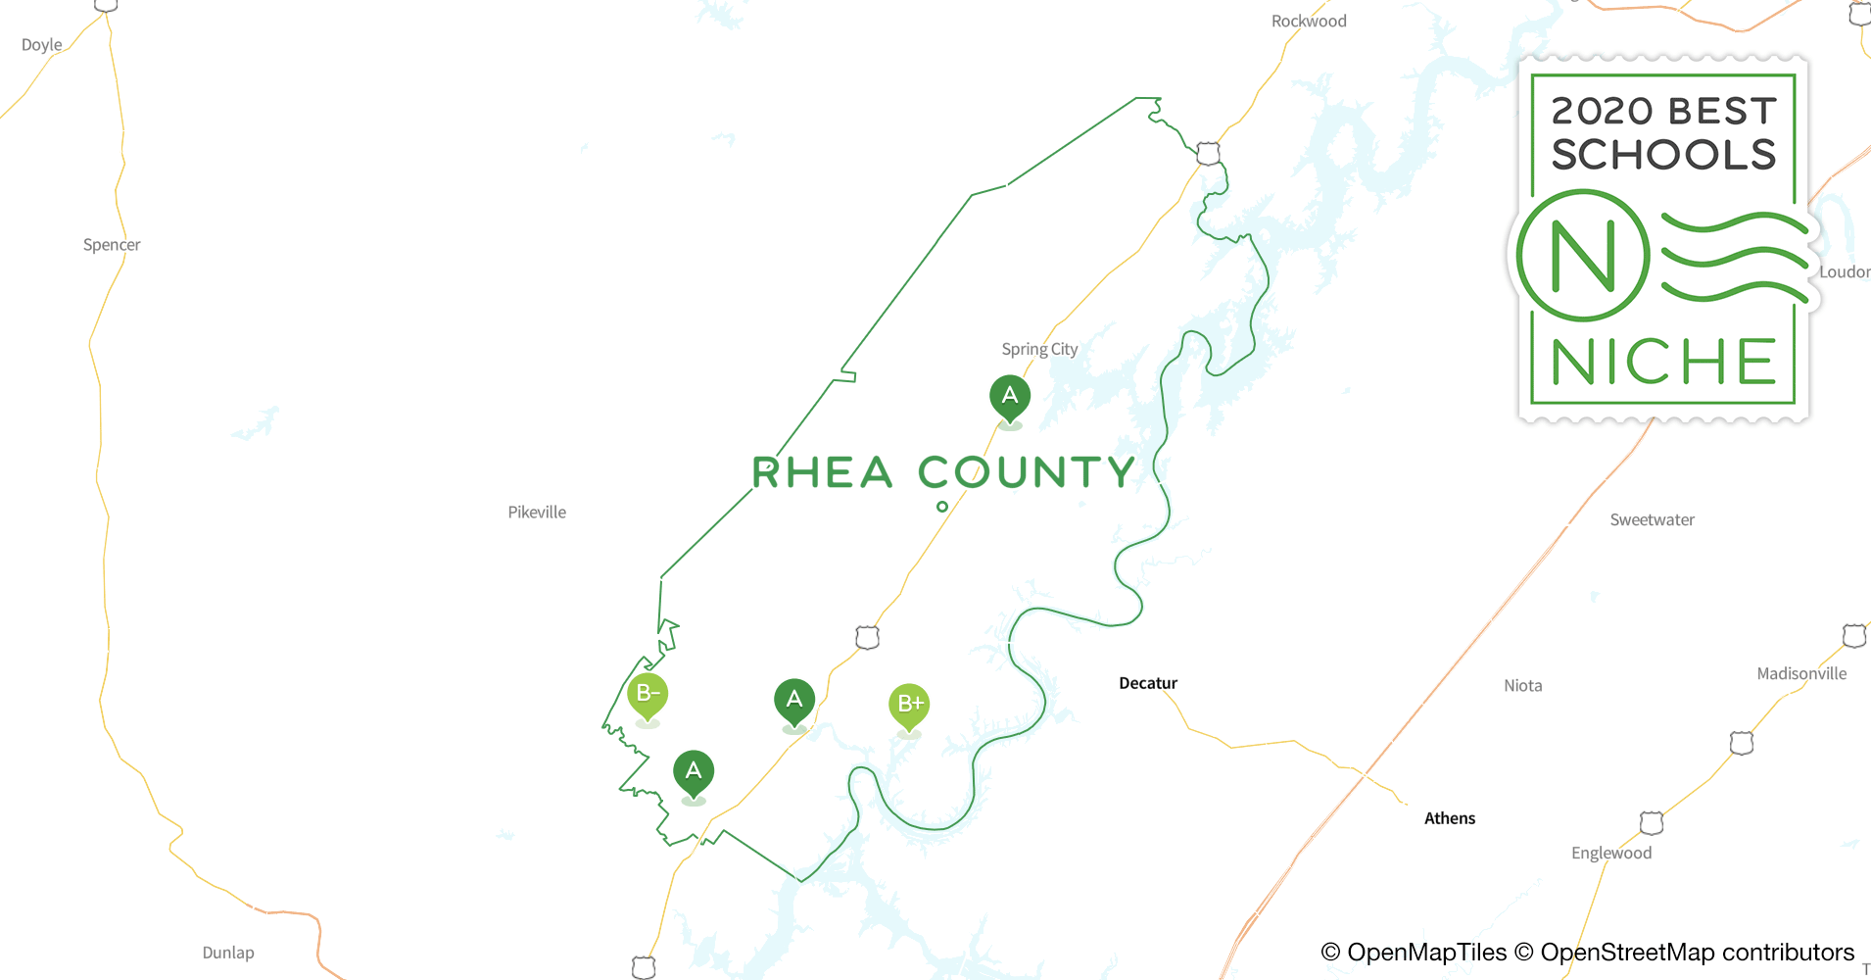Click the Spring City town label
point(1039,349)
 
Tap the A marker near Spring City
point(1010,397)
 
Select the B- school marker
point(648,695)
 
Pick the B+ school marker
point(909,705)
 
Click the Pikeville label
point(537,513)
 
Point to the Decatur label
point(1148,683)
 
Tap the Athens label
point(1450,818)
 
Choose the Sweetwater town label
point(1652,520)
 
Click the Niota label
point(1523,686)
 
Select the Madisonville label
point(1801,674)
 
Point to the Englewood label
point(1611,854)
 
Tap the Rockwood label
point(1309,22)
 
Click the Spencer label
point(112,245)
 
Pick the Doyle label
point(42,45)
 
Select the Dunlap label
point(228,953)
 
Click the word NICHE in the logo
point(1663,363)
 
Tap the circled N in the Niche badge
point(1583,256)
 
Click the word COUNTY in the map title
point(1027,473)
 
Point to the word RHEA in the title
point(822,473)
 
